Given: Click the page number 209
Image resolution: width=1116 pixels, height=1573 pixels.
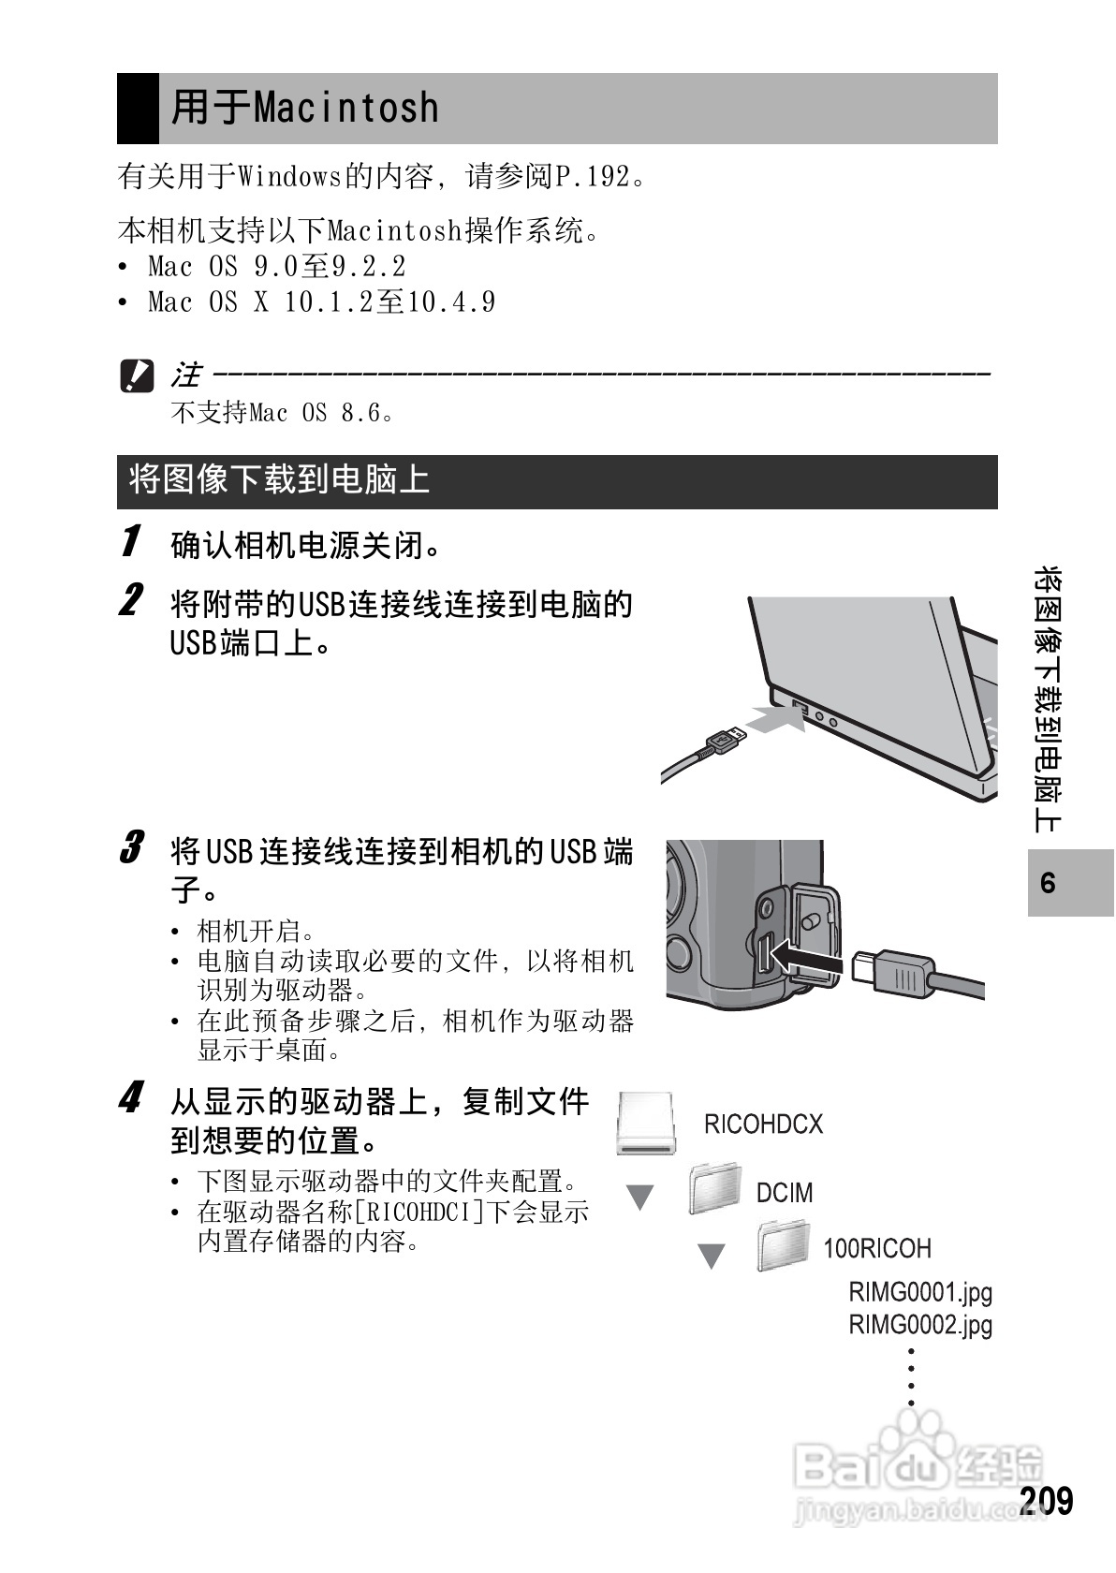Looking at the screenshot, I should pos(1046,1501).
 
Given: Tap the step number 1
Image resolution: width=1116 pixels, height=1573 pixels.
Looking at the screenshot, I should pos(131,541).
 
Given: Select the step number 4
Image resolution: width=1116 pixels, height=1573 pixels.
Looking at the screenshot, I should pos(131,1097).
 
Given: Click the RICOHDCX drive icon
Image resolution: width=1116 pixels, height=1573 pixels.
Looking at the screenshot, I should pos(646,1124).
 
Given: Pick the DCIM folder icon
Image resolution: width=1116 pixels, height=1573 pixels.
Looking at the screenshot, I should pos(715,1189).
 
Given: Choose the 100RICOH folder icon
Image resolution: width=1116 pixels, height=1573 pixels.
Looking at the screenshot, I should pos(783,1245).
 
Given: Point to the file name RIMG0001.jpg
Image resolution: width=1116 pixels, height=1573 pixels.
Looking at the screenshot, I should pos(919,1293).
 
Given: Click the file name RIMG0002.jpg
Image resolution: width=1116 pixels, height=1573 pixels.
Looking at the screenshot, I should pos(919,1325).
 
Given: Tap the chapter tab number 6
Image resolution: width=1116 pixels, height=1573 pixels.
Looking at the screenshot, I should pos(1048,883).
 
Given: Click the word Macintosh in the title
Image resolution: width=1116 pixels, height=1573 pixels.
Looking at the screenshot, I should pos(345,109).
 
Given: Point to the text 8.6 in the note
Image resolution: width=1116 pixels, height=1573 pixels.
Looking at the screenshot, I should pos(360,413).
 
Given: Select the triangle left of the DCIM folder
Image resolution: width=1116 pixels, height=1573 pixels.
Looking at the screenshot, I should pos(639,1197).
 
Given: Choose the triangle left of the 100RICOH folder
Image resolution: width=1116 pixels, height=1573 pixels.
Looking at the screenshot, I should pos(712,1255).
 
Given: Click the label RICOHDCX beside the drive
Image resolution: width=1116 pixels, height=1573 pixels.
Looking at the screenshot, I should pos(763,1125).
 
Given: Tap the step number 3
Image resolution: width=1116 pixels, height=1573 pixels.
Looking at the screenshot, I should pos(131,848).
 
